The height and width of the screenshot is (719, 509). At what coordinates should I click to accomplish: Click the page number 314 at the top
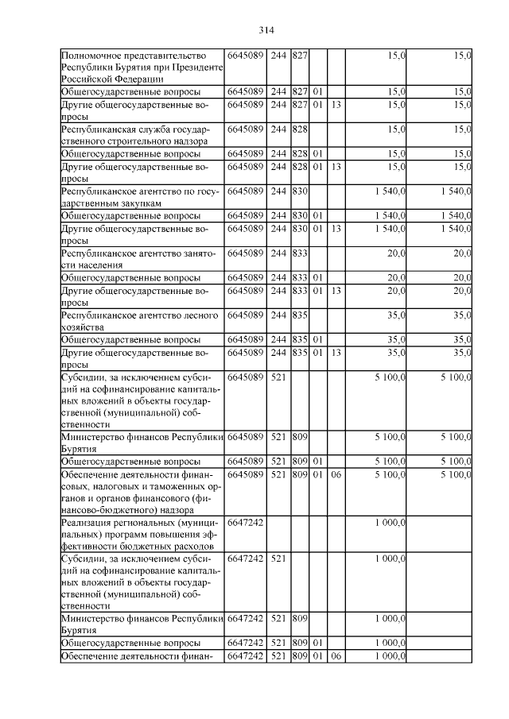pyautogui.click(x=266, y=30)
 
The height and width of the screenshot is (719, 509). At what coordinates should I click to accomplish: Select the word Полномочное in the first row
pyautogui.click(x=93, y=56)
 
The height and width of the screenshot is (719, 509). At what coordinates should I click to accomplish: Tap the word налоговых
pyautogui.click(x=113, y=486)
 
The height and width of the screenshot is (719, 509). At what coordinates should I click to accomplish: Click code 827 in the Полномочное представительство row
pyautogui.click(x=299, y=56)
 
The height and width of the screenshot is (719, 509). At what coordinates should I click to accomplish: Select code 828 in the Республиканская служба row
pyautogui.click(x=299, y=128)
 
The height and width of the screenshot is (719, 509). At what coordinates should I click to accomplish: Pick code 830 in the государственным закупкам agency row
pyautogui.click(x=299, y=191)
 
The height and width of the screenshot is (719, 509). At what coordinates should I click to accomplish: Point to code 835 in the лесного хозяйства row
pyautogui.click(x=299, y=315)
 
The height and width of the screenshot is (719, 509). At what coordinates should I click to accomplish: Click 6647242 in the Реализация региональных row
pyautogui.click(x=246, y=522)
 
